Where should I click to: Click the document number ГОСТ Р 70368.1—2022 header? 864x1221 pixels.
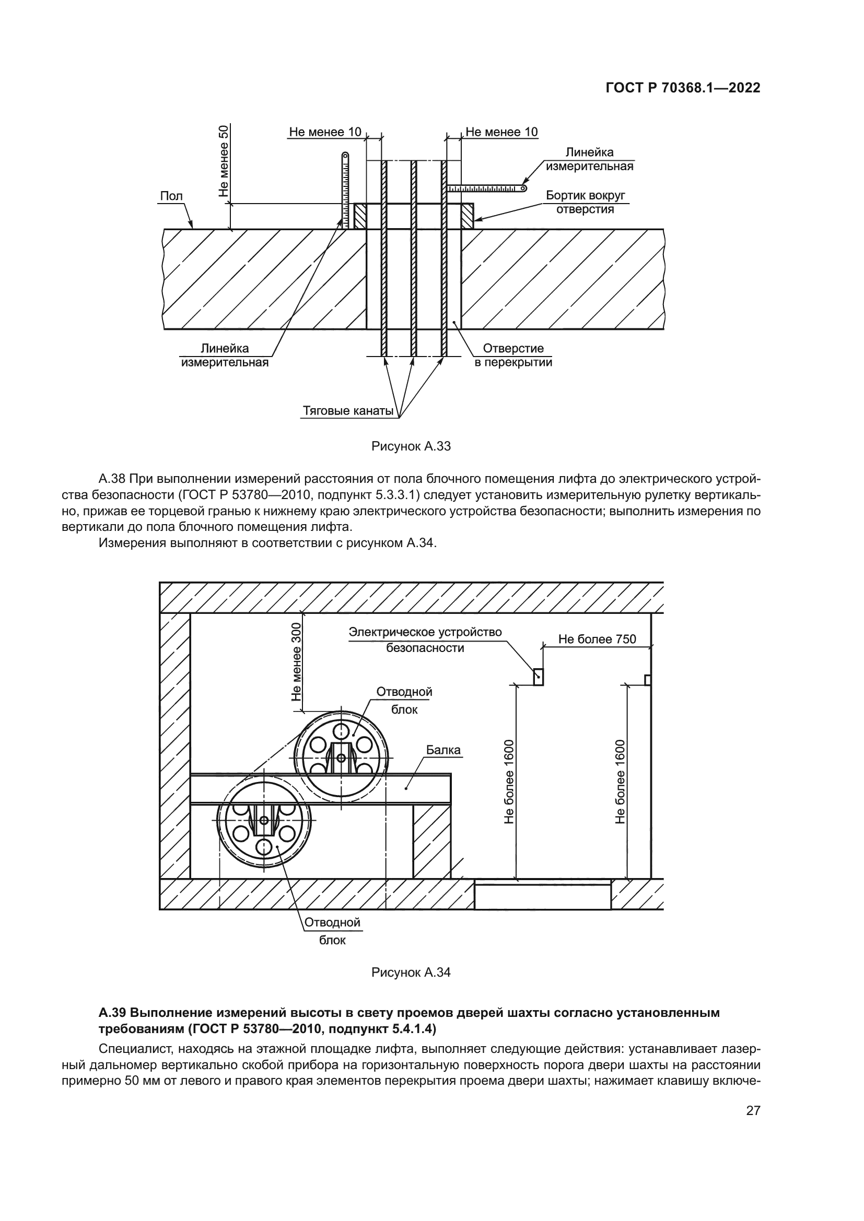tap(683, 88)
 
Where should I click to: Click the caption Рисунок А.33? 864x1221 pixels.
tap(411, 446)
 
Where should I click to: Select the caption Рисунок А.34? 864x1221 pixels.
tap(411, 972)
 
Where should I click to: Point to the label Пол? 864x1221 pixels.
tap(171, 196)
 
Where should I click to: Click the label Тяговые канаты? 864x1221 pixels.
tap(348, 411)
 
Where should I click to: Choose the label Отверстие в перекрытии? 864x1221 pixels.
tap(513, 355)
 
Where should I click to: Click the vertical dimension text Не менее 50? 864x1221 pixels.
tap(224, 161)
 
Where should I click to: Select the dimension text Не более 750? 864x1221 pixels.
tap(597, 639)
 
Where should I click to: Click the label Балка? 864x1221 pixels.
tap(443, 750)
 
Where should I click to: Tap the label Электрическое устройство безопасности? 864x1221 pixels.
tap(425, 640)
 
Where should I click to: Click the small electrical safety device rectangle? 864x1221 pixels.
tap(539, 677)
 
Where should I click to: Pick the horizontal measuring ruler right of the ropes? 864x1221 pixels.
tap(486, 188)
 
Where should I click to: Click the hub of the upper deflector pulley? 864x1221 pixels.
tap(342, 758)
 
